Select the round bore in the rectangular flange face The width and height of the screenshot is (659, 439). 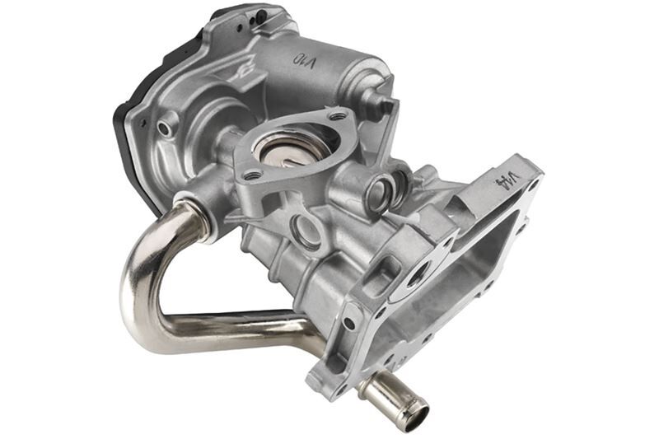point(418,274)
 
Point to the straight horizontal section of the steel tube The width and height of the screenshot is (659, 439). point(239,331)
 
